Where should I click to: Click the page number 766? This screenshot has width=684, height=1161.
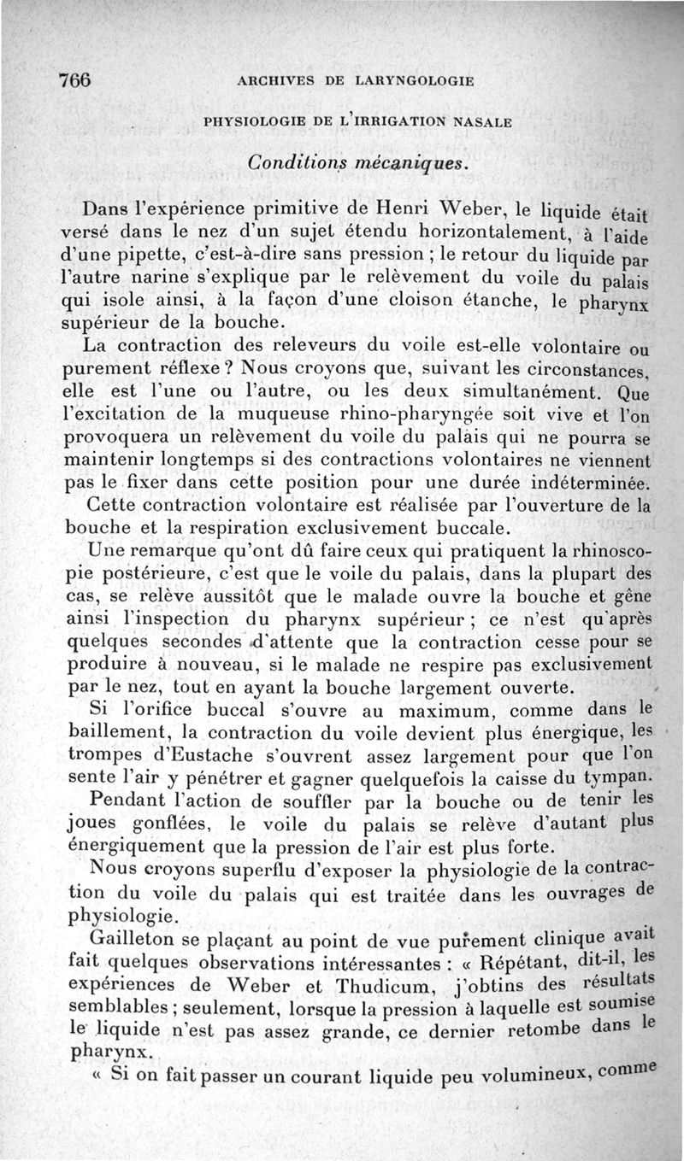click(x=75, y=81)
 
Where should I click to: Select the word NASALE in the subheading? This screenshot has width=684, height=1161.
click(x=483, y=122)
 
